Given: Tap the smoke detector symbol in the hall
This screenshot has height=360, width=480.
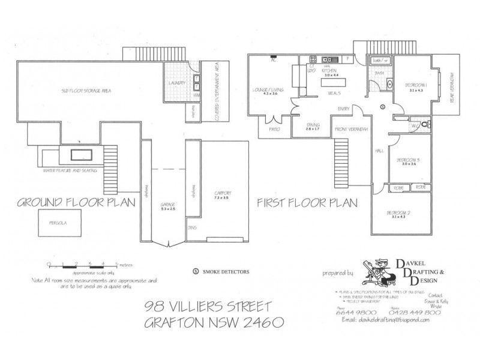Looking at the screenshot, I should point(382,107).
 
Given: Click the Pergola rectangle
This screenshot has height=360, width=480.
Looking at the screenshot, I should point(58,221).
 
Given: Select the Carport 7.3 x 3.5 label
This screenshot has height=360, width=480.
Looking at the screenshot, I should point(221,195).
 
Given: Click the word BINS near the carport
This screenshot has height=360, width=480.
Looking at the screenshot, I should point(193,228).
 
